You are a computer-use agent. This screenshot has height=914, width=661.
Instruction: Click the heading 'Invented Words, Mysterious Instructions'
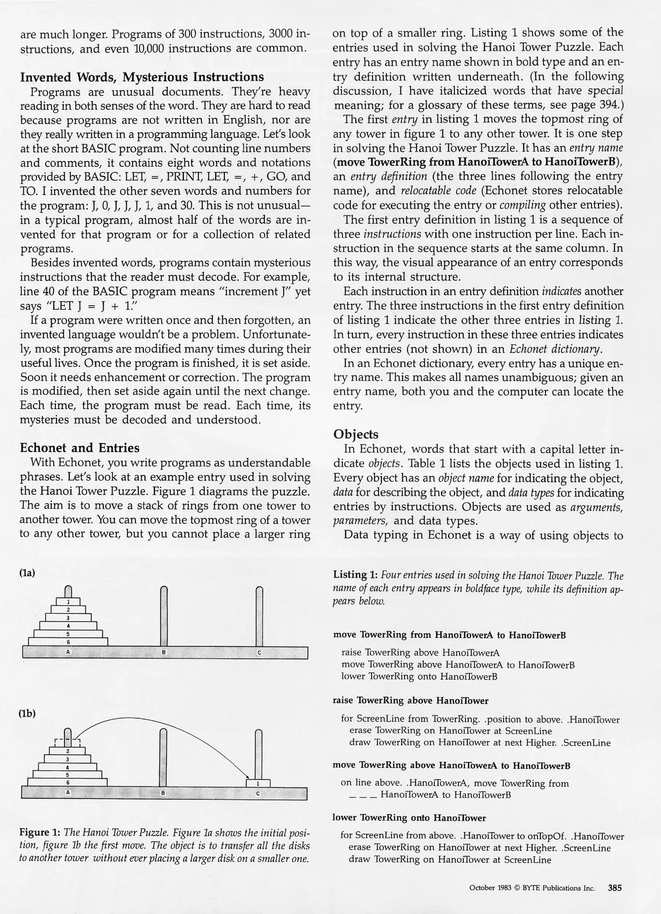point(142,77)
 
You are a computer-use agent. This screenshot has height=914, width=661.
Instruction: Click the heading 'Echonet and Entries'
point(80,448)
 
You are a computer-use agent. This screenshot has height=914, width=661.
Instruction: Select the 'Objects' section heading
point(355,434)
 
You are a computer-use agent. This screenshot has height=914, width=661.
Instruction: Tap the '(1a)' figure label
point(27,573)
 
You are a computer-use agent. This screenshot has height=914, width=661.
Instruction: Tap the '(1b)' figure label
point(27,713)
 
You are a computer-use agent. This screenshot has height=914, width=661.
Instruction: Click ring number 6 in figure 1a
point(68,642)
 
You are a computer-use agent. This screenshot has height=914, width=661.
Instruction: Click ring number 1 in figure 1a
point(68,602)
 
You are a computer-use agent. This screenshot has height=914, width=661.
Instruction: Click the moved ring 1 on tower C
point(258,784)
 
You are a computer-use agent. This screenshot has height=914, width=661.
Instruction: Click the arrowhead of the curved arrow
point(247,776)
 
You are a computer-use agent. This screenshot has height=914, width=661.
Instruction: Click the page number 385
point(614,888)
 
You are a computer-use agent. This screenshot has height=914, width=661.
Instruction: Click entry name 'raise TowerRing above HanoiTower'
point(410,701)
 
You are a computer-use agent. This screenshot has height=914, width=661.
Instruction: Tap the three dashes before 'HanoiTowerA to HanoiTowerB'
point(363,796)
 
